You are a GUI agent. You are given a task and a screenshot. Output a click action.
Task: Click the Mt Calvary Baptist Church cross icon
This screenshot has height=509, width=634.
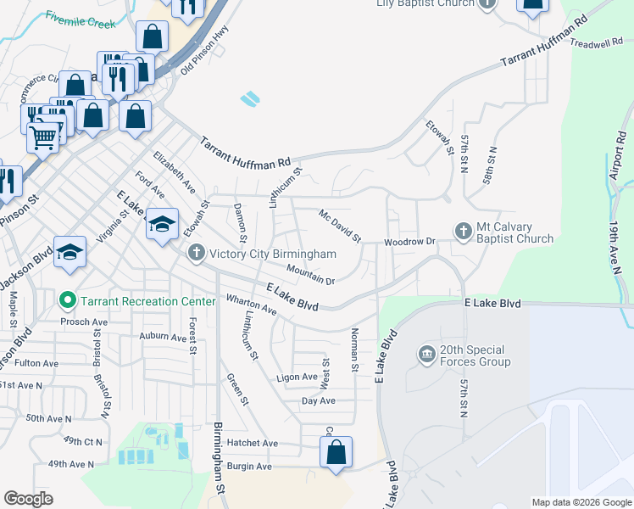(x=463, y=231)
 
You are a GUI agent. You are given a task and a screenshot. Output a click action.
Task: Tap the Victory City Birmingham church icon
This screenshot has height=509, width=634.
(x=197, y=253)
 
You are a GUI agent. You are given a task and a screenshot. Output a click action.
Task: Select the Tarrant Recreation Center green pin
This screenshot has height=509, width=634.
(x=68, y=301)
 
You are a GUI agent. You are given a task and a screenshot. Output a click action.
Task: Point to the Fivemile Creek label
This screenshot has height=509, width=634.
(x=81, y=20)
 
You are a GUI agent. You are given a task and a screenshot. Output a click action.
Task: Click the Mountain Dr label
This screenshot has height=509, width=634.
(x=310, y=274)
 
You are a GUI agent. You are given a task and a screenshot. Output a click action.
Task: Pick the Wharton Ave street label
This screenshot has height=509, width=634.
(x=252, y=305)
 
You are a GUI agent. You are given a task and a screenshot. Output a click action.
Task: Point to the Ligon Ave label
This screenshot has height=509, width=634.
(x=296, y=377)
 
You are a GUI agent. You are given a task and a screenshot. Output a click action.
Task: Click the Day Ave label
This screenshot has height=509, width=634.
(x=319, y=400)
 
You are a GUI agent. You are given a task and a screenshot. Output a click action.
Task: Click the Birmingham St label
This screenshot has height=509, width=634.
(x=219, y=459)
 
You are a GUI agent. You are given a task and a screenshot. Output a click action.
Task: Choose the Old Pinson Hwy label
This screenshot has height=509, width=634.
(x=203, y=59)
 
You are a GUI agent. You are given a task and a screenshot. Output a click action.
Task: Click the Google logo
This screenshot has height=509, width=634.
(x=29, y=499)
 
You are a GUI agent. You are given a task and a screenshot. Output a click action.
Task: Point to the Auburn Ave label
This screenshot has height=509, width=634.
(x=164, y=337)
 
